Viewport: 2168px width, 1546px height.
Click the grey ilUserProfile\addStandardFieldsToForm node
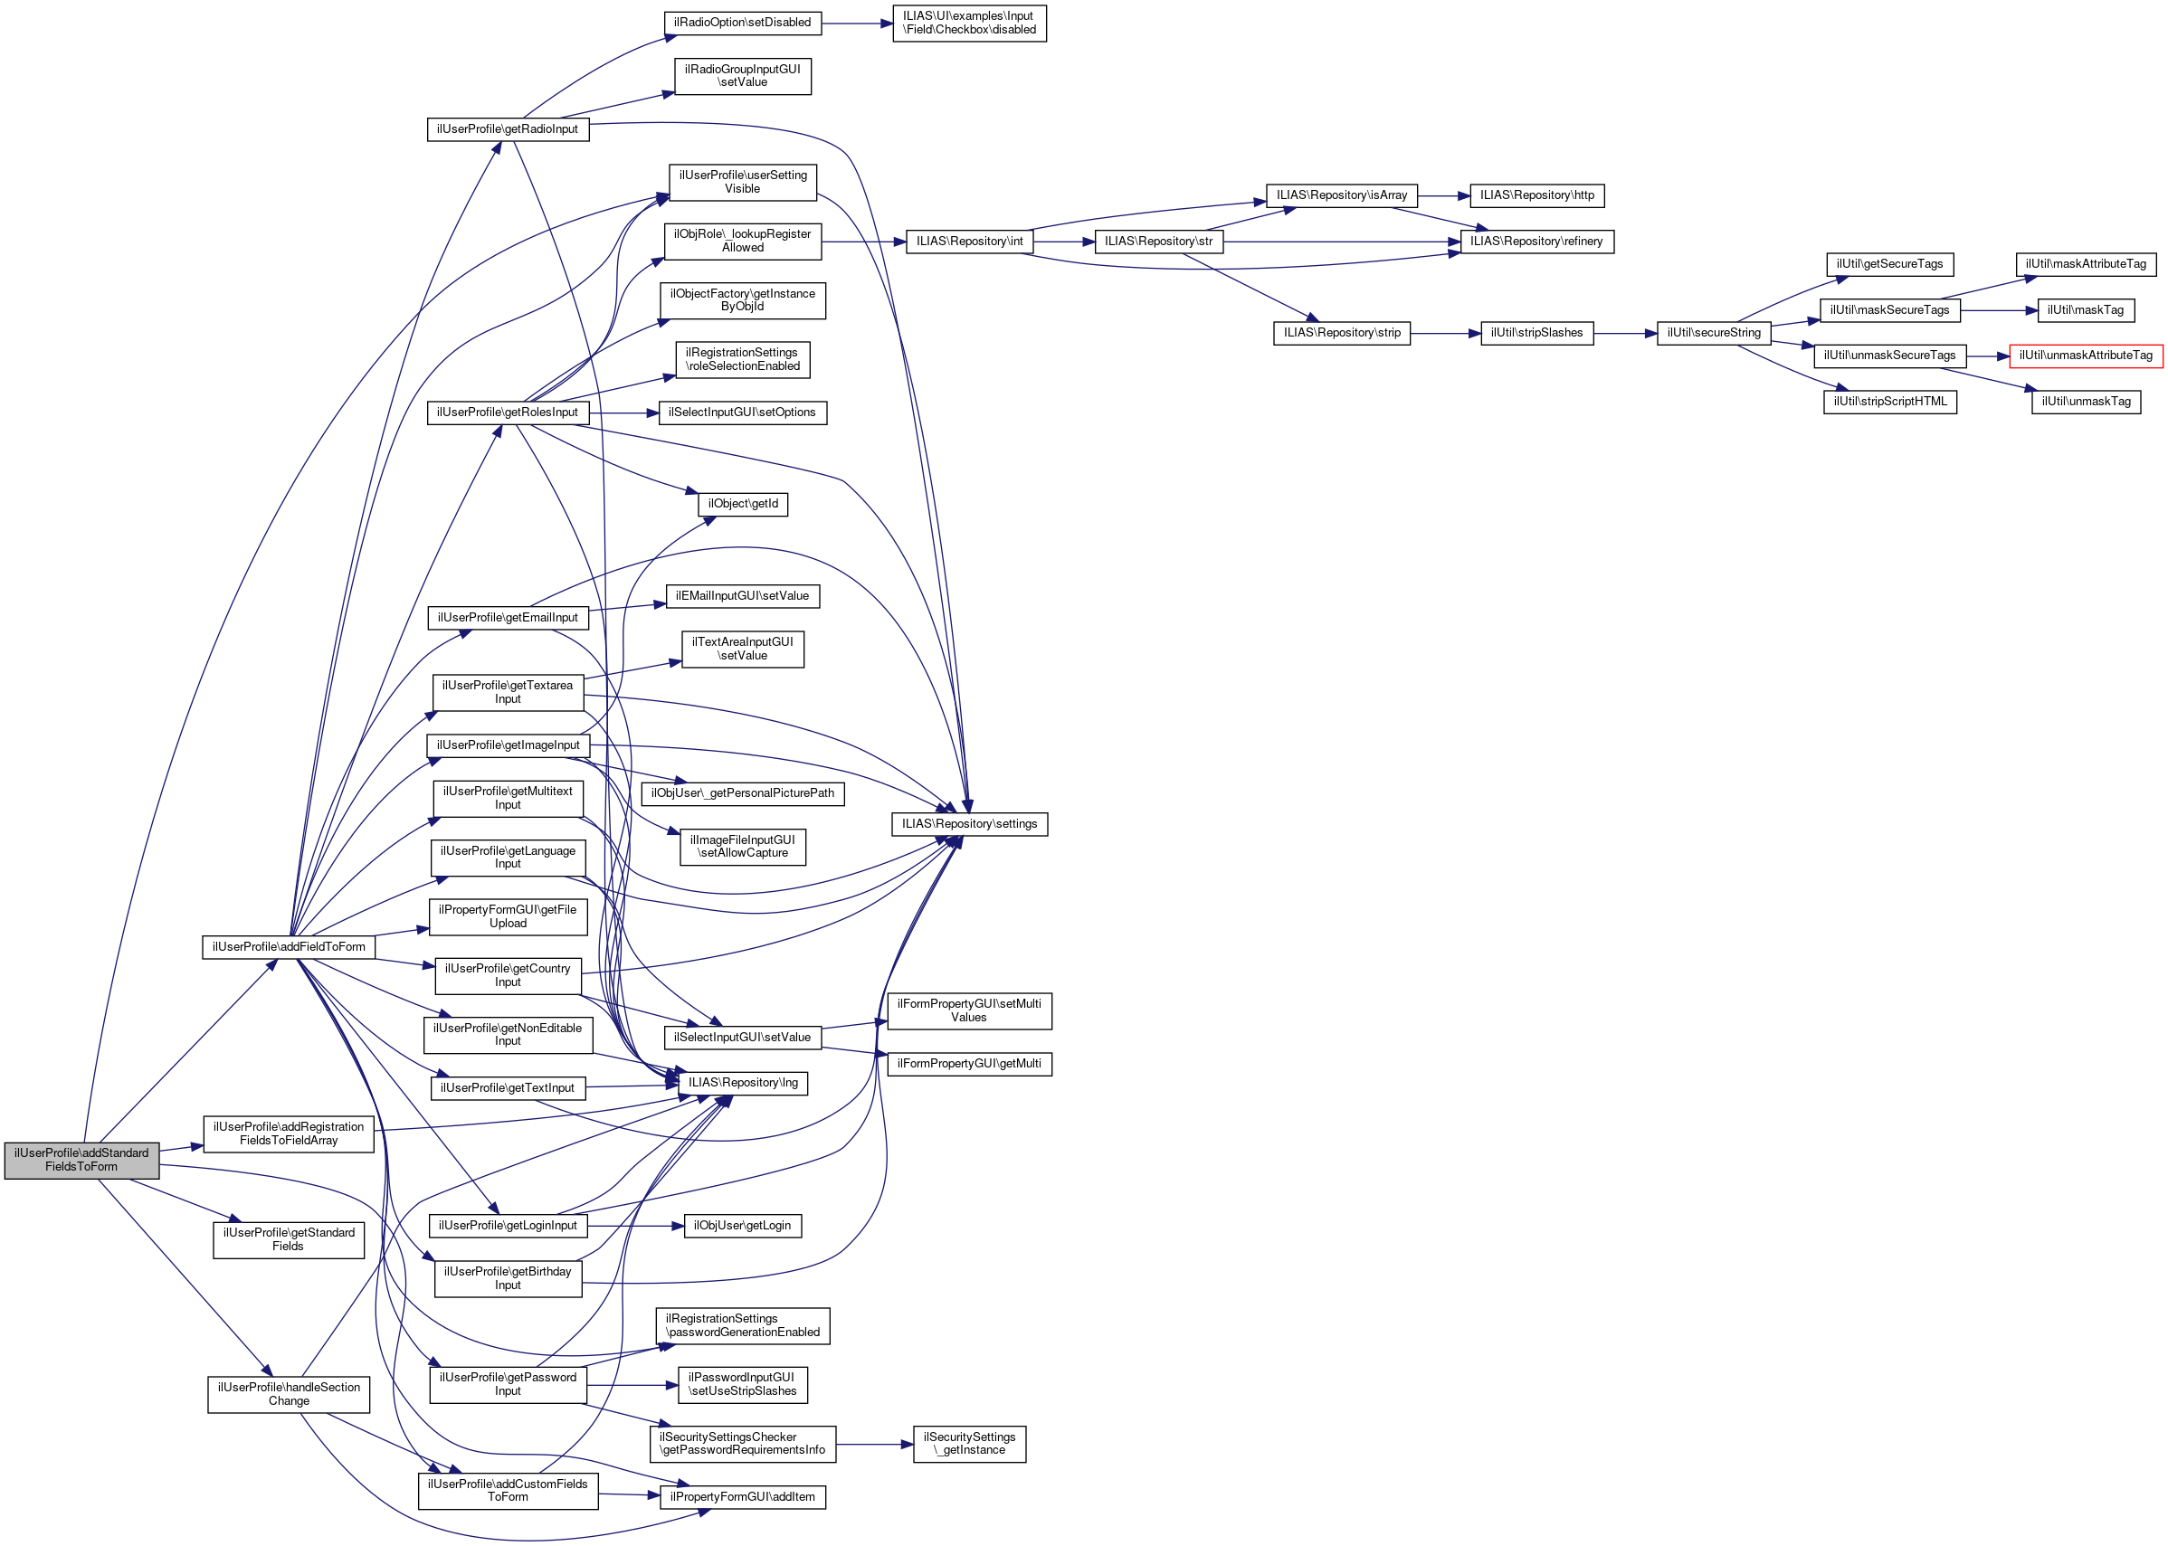[81, 1160]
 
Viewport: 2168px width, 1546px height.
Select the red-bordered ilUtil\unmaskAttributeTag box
[2085, 356]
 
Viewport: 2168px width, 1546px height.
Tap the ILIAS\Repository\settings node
[968, 823]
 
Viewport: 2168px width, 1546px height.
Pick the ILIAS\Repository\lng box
[743, 1083]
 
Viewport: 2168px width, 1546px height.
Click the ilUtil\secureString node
[1713, 333]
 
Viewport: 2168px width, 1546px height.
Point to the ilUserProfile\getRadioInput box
[508, 129]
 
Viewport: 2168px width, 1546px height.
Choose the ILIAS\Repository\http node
[1536, 195]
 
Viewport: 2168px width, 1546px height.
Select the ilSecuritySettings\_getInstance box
[968, 1443]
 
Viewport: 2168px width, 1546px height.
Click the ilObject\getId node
[743, 504]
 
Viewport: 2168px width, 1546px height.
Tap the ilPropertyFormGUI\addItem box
[743, 1496]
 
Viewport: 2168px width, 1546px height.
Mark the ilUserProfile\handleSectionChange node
[289, 1394]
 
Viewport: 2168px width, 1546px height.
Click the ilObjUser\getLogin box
[742, 1225]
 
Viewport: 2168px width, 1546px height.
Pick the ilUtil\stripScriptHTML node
[1889, 402]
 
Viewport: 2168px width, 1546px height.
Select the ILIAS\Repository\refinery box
[1536, 242]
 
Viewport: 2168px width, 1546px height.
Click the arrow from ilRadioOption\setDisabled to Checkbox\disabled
[857, 23]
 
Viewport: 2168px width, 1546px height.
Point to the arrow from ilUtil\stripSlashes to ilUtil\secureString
[1624, 333]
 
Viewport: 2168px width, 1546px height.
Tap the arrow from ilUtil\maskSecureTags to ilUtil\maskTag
[1998, 310]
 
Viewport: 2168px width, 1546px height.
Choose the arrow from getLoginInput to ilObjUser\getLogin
[635, 1225]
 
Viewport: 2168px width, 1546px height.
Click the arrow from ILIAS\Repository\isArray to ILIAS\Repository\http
[1443, 195]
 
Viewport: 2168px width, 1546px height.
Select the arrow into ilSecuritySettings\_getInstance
[874, 1444]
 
